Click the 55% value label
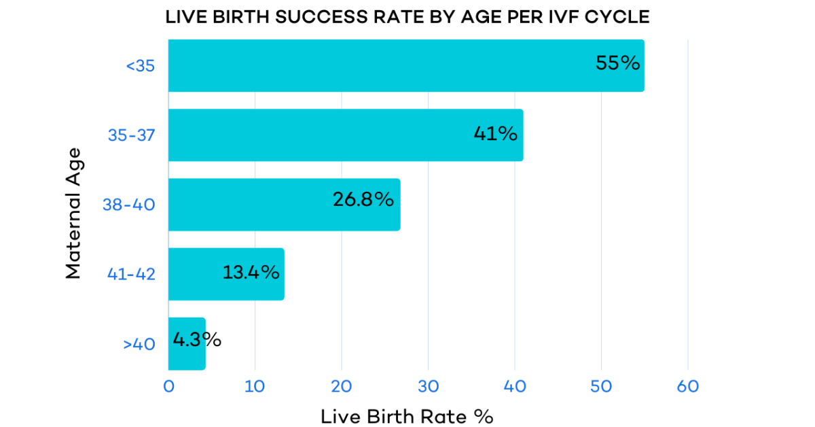(617, 63)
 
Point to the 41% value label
(495, 133)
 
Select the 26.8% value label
(363, 200)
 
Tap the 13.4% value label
(251, 272)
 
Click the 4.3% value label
(197, 340)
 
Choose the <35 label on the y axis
(141, 66)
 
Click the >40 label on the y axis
(139, 344)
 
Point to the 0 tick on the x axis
(168, 386)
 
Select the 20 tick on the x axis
(342, 386)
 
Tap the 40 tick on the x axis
(515, 386)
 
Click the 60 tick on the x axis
(688, 386)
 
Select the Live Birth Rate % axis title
(407, 416)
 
